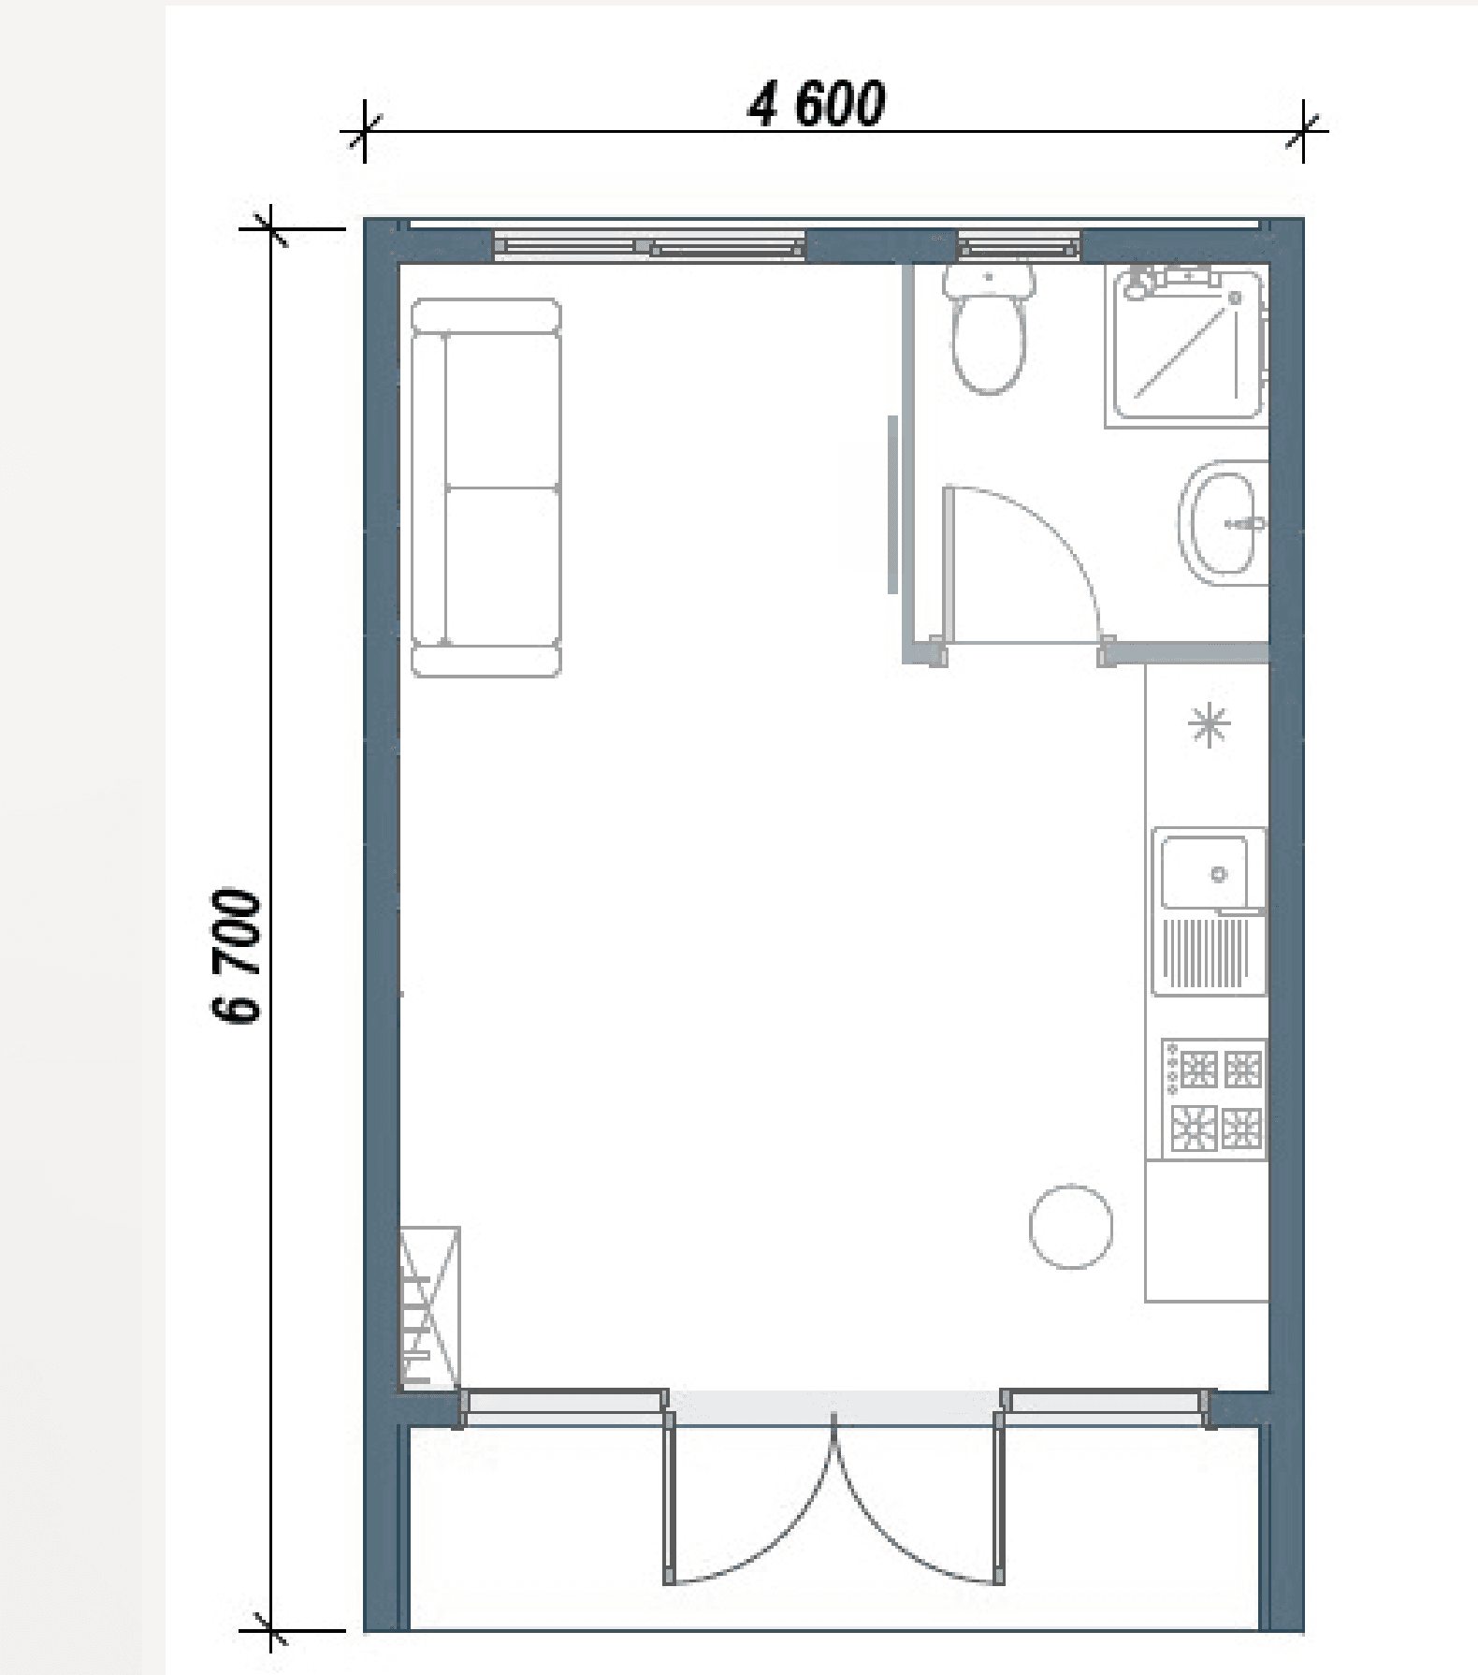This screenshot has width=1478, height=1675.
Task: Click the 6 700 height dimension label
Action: pos(236,955)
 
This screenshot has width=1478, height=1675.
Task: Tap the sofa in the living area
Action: pos(486,488)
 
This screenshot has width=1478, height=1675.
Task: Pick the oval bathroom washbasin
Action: pos(1223,522)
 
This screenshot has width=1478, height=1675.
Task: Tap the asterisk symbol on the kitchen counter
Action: pos(1209,724)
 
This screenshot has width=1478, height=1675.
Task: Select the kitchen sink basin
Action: pos(1205,873)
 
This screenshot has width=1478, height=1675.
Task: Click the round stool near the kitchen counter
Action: pos(1071,1226)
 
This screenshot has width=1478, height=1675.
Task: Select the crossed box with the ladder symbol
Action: pos(430,1307)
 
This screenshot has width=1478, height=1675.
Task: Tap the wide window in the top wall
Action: pos(649,247)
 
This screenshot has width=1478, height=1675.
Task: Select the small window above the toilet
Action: pos(1019,247)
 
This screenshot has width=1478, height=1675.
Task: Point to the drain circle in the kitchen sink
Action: pos(1218,874)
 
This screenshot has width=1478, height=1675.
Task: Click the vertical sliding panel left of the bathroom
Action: pos(893,504)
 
